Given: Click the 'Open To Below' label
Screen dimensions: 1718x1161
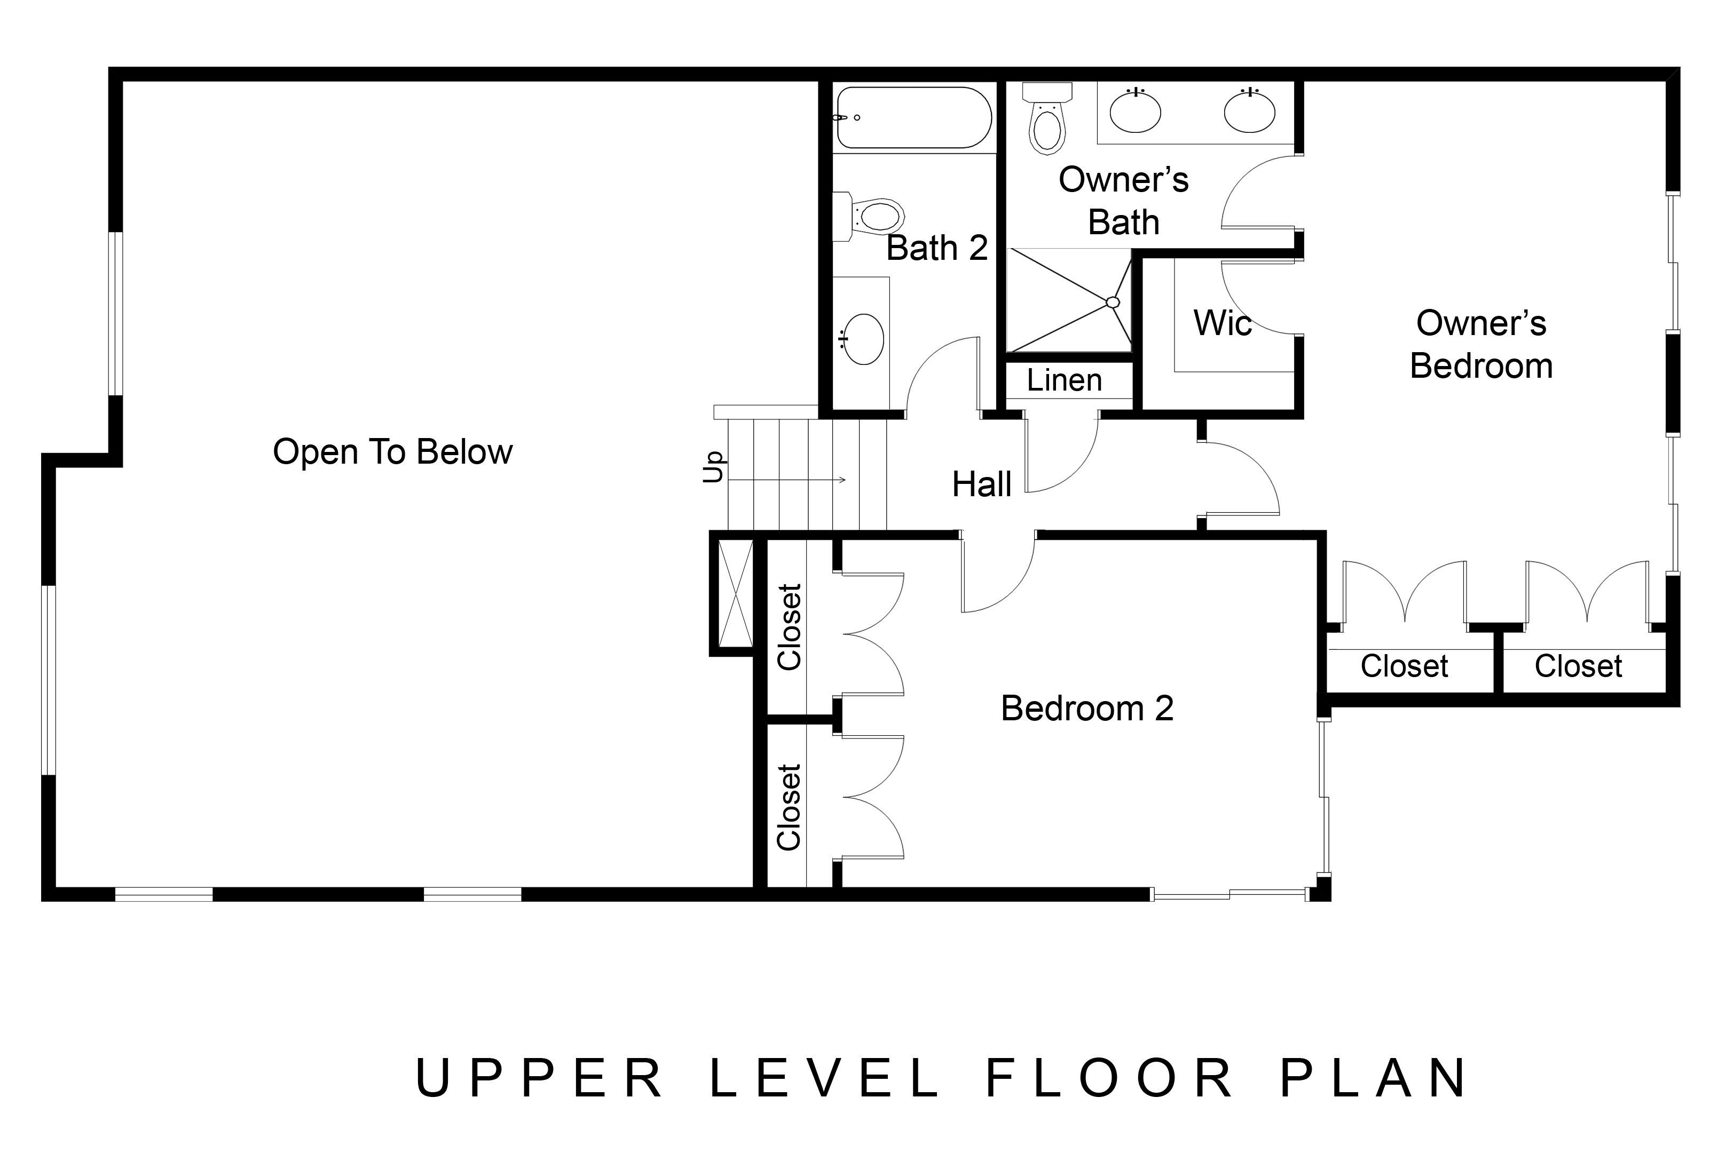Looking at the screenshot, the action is (392, 451).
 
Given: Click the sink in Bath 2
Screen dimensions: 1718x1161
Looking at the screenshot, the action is (863, 339).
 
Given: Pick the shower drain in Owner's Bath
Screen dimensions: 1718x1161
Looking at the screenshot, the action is (1113, 303).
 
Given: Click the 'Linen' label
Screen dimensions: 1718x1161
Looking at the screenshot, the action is (1065, 380).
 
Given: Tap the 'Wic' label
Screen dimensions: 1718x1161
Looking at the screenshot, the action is (1223, 323).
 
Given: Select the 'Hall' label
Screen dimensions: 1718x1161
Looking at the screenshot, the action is (982, 485).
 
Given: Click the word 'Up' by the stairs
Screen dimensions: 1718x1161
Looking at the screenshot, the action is (713, 467).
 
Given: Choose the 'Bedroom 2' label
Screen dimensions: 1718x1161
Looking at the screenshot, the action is (1086, 708).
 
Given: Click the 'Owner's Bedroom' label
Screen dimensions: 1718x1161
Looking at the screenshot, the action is (1481, 344).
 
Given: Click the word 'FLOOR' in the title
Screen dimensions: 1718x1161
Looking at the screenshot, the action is (1110, 1078).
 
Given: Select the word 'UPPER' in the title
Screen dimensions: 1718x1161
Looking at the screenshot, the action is (540, 1078).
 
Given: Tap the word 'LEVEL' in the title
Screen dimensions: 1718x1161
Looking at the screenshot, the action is (824, 1078).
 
